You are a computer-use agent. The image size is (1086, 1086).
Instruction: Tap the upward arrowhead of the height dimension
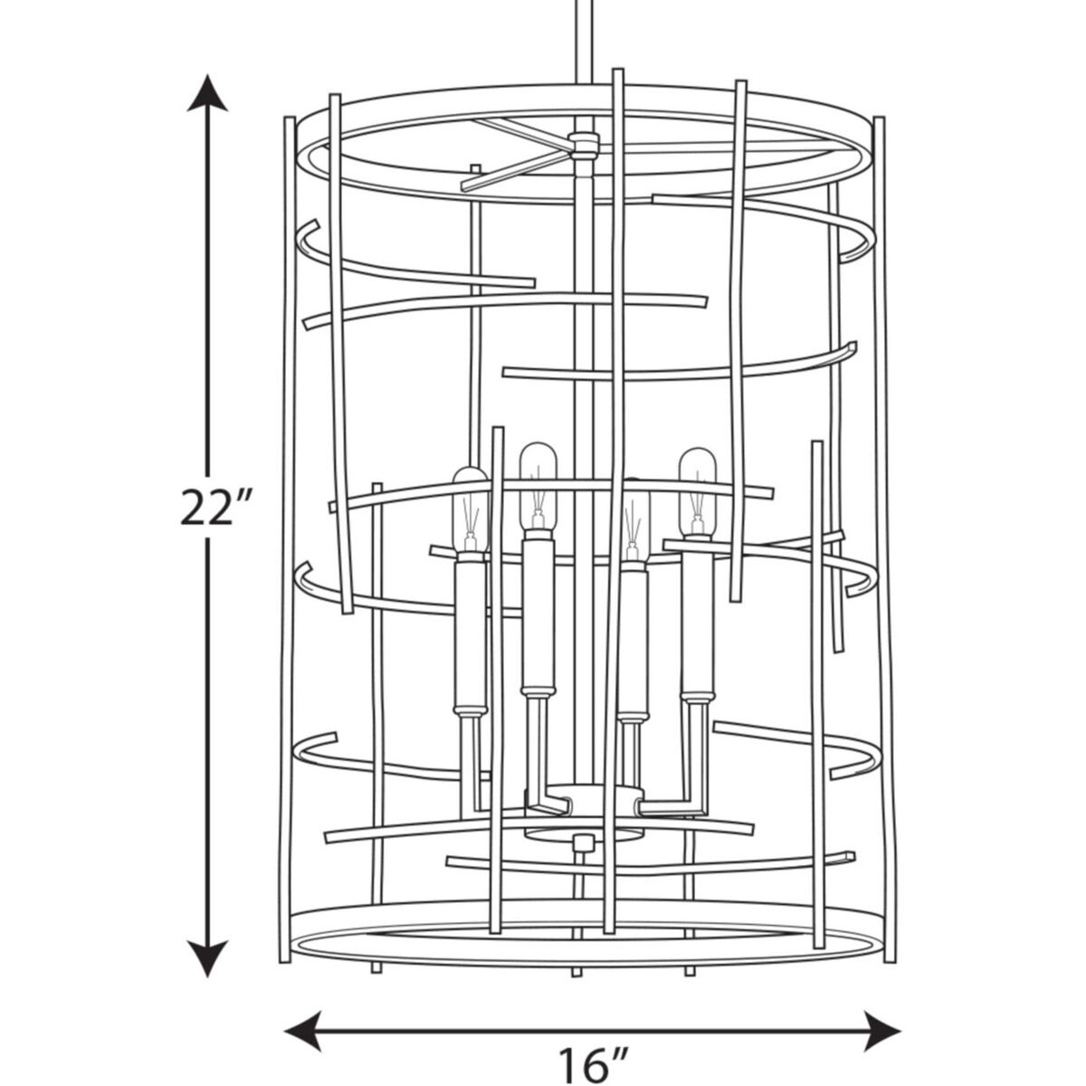[x=207, y=93]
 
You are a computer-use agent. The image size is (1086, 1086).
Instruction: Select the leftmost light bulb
[x=470, y=510]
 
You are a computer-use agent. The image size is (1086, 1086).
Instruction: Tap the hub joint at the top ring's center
[x=585, y=146]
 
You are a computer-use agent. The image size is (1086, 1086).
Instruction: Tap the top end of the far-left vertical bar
[x=290, y=119]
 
